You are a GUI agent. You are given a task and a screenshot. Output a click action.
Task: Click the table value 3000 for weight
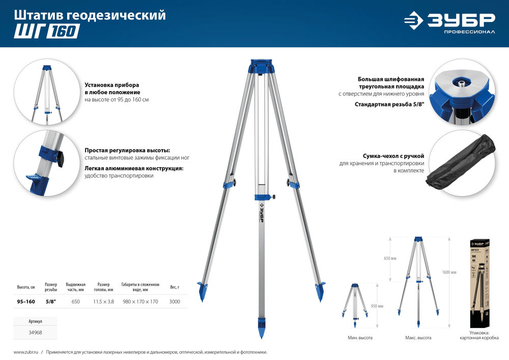coord(175,302)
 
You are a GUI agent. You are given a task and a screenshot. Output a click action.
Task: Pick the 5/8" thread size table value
coord(51,302)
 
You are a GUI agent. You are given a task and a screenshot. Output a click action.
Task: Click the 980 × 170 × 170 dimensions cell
coord(140,302)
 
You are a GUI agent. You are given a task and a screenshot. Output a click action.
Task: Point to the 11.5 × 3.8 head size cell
coord(103,302)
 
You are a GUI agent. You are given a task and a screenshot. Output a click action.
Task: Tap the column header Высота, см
coord(26,287)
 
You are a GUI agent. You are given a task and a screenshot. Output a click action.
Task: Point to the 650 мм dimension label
coord(389,258)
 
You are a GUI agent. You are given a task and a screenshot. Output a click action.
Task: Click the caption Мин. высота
coord(360,338)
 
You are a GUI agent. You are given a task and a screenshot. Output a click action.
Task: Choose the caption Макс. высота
coord(418,338)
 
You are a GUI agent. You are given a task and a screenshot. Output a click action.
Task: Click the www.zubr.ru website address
coord(24,352)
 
